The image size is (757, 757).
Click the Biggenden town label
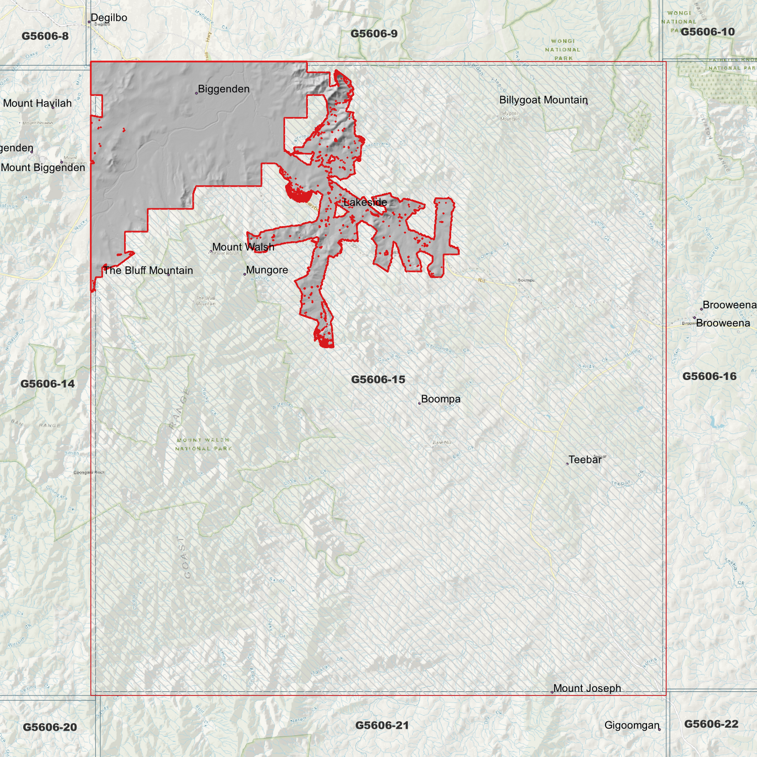224,89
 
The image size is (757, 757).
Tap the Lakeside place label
365,202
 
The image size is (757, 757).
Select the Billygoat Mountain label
543,100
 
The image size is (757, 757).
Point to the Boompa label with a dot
441,399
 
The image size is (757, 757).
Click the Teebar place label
585,460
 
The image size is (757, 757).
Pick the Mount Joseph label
587,688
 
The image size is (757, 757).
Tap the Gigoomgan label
631,726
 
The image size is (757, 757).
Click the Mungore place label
267,270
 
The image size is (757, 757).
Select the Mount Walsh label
243,247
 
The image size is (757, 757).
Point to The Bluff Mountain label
148,270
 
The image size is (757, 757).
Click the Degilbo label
109,18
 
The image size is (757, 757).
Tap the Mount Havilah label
37,103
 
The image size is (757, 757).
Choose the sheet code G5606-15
378,379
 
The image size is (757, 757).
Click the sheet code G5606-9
374,34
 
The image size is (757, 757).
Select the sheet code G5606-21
381,725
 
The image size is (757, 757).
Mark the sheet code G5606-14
47,384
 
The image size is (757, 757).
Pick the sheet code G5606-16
709,376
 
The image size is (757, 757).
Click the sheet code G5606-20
50,727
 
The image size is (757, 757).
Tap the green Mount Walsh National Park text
203,444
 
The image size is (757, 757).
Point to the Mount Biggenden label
43,168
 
